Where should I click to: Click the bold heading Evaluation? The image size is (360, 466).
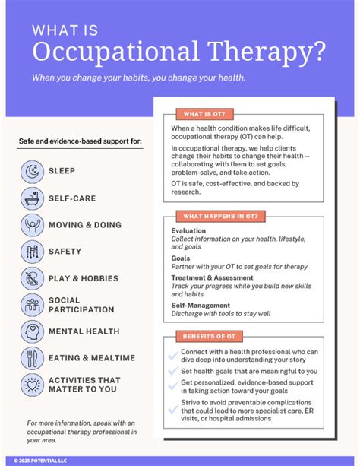tap(188, 231)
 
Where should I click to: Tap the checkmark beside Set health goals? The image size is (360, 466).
tap(174, 372)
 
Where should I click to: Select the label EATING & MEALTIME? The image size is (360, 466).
tap(92, 359)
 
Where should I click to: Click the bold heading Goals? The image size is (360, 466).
tap(182, 258)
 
